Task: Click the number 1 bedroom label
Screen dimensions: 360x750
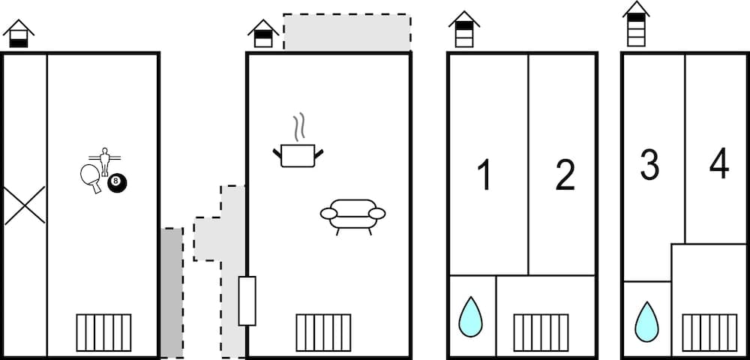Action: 485,175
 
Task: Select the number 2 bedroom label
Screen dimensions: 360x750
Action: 565,175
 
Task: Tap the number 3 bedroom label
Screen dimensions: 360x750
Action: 649,165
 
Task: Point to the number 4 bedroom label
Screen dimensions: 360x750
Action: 718,165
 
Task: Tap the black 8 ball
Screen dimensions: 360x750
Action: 117,182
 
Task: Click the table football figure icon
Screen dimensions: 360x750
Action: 105,160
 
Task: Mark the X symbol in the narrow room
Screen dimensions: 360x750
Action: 24,205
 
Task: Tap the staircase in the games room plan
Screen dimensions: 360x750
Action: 103,332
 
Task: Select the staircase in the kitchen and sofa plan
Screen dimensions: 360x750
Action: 323,332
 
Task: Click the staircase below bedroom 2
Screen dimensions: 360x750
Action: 541,332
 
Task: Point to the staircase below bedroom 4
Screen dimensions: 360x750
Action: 709,332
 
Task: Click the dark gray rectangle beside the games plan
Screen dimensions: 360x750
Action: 171,292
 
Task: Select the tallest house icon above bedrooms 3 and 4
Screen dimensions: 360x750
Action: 636,24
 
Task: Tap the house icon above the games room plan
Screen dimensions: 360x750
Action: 19,34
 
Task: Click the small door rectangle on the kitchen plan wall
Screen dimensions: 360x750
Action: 247,301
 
